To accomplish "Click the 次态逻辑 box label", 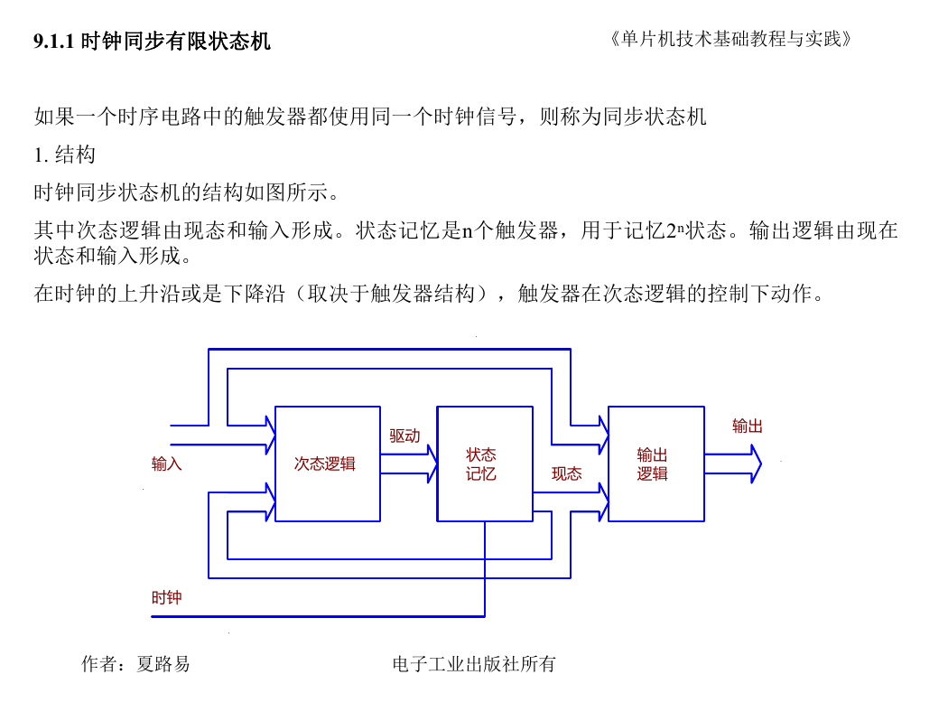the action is tap(325, 464).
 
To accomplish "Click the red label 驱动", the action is tap(404, 436).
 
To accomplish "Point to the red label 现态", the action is tap(566, 473).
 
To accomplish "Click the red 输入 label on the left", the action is tap(166, 464).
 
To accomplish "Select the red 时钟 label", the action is tap(166, 597).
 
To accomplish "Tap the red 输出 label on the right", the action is tap(748, 426).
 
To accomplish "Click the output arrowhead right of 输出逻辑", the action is tap(756, 464).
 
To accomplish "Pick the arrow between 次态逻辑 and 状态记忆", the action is tap(409, 464).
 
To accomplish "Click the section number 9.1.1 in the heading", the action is tap(54, 42).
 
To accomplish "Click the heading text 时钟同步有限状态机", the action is tap(175, 42).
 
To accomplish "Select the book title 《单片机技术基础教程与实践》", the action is tap(730, 40).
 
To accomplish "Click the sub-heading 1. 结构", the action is tap(65, 155).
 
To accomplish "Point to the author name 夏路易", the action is tap(163, 664).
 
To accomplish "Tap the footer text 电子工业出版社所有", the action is tap(473, 664).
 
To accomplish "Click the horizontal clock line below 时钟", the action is tap(318, 616).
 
